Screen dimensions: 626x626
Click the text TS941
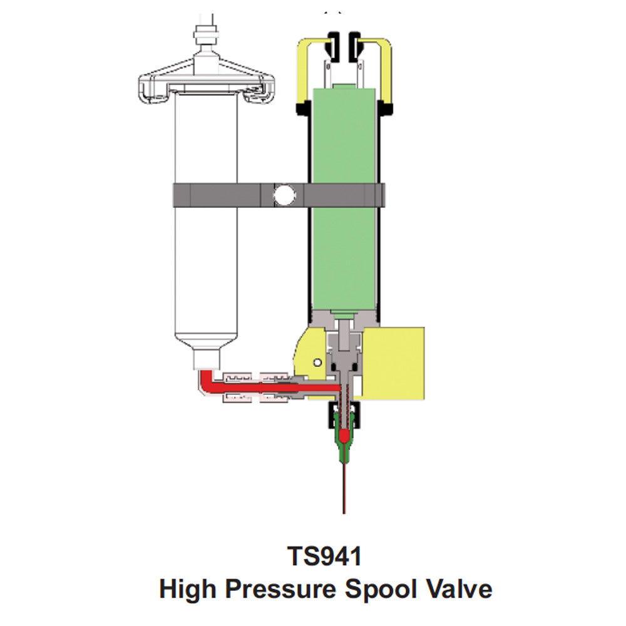324,556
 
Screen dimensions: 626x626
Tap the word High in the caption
187,589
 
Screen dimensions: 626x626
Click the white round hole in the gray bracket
284,195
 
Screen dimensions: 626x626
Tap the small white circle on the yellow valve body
317,362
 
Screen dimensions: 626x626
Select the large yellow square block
394,362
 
